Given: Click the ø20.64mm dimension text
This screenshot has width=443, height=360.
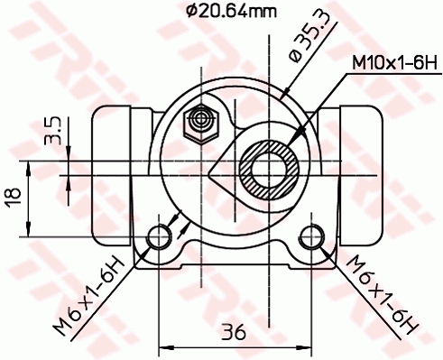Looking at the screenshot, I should (x=233, y=12).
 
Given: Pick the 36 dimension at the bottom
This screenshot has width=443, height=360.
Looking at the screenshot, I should (x=235, y=332).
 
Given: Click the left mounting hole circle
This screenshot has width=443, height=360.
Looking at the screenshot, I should (x=160, y=237).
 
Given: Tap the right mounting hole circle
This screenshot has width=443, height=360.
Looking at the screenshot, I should (x=312, y=237).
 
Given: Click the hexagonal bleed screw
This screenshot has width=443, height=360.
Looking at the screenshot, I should (x=200, y=121).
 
